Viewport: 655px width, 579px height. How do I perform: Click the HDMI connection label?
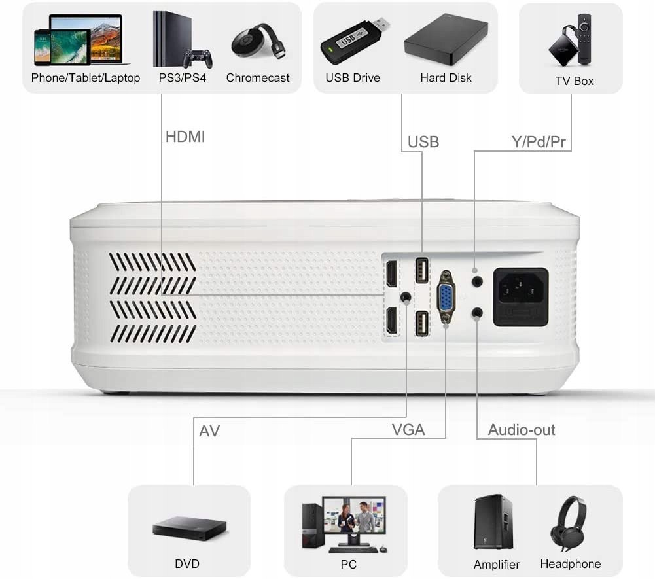click(x=185, y=137)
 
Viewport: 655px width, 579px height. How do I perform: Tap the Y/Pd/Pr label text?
click(x=538, y=141)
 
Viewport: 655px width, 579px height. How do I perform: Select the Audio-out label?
click(x=522, y=430)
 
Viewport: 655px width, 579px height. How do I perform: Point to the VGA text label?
click(x=408, y=430)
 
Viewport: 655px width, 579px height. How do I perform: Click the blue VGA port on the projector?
click(x=446, y=296)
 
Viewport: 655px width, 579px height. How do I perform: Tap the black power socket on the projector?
click(x=520, y=296)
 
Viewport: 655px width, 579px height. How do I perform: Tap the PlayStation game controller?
click(x=197, y=60)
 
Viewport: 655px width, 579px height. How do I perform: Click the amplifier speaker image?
click(x=493, y=522)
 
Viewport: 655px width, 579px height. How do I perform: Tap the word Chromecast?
click(x=258, y=78)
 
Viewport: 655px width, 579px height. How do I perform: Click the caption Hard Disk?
click(x=446, y=78)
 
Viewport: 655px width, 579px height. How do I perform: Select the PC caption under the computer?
click(x=348, y=563)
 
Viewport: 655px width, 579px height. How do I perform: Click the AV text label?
click(x=209, y=431)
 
